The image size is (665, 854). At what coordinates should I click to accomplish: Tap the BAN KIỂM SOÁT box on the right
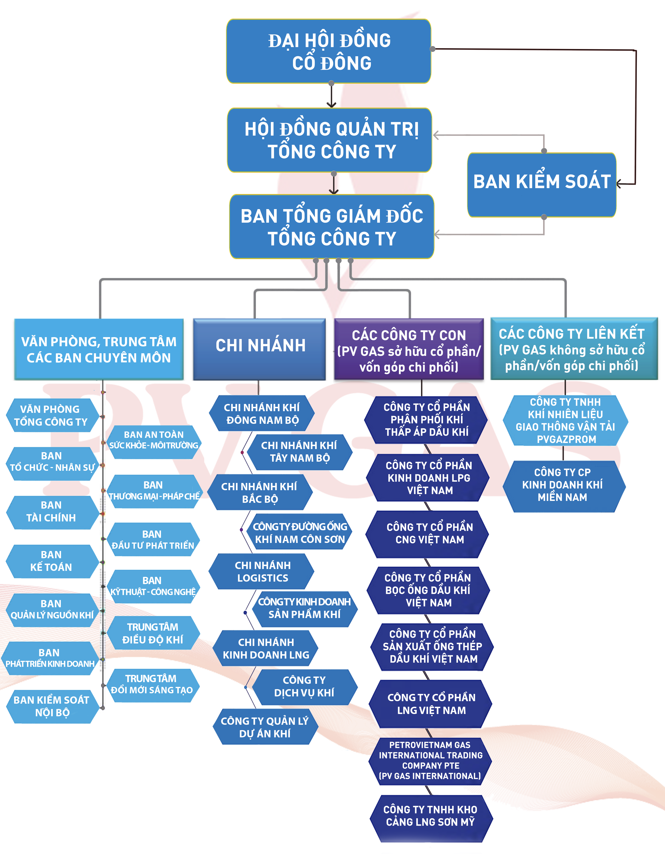(542, 184)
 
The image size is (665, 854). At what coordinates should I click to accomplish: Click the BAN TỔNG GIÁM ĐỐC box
(332, 227)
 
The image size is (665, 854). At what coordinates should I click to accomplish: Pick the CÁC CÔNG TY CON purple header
(409, 349)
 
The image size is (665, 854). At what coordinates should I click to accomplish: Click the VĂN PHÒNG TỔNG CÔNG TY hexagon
(51, 415)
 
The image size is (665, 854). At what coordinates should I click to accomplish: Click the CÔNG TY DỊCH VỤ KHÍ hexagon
(304, 687)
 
